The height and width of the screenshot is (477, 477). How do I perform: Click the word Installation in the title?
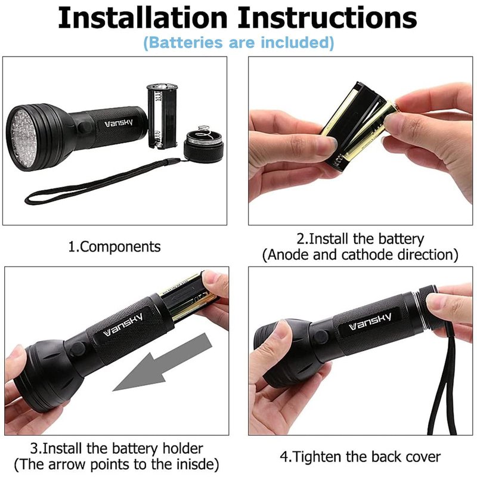pyautogui.click(x=143, y=18)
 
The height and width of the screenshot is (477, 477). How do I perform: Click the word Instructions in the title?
pyautogui.click(x=327, y=18)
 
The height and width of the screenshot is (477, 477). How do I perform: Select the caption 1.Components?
pyautogui.click(x=114, y=247)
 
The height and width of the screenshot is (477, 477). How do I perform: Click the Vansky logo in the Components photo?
pyautogui.click(x=119, y=123)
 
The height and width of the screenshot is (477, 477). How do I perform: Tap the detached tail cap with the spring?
pyautogui.click(x=203, y=144)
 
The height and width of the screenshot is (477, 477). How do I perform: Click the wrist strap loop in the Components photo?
pyautogui.click(x=100, y=182)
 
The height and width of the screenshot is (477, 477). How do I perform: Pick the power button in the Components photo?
pyautogui.click(x=84, y=127)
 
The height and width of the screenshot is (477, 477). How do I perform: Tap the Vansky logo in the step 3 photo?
pyautogui.click(x=123, y=325)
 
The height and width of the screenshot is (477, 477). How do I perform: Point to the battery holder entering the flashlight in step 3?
pyautogui.click(x=188, y=296)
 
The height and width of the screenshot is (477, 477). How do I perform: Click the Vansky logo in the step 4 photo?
pyautogui.click(x=370, y=322)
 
